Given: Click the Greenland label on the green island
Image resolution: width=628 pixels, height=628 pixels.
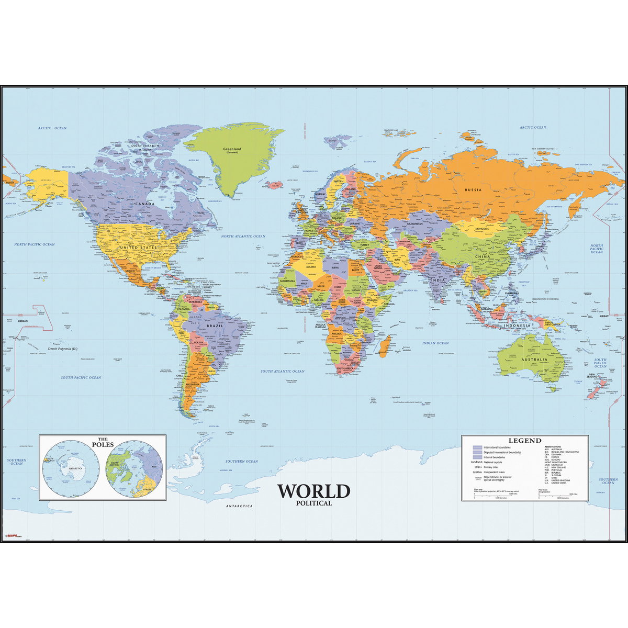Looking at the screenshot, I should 232,150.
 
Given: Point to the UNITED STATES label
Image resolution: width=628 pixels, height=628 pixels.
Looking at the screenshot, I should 138,247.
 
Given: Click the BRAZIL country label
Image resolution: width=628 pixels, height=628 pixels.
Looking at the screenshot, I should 215,326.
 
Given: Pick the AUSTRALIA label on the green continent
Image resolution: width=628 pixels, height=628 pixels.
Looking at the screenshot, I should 533,360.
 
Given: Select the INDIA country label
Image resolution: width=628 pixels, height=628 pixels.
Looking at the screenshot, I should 438,281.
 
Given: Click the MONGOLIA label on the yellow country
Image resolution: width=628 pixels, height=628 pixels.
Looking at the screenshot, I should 481,229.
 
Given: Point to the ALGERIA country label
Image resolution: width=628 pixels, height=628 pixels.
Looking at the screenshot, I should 311,267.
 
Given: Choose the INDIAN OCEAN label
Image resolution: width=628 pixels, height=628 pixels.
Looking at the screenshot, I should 436,343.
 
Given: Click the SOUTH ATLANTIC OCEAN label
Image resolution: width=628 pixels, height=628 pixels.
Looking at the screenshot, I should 283,371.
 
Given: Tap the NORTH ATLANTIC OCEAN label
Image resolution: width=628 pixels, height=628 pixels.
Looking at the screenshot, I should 243,237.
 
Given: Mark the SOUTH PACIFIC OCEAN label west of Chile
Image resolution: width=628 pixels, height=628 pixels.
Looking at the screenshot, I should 81,377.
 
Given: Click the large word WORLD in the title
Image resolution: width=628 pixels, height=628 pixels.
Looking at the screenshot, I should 313,491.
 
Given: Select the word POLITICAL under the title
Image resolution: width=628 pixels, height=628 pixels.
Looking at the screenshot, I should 313,503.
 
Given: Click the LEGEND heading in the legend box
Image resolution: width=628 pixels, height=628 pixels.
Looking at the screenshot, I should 525,441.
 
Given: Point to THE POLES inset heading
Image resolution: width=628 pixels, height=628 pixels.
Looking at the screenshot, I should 103,442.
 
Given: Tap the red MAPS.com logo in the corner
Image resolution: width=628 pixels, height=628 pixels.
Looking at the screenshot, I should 12,536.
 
